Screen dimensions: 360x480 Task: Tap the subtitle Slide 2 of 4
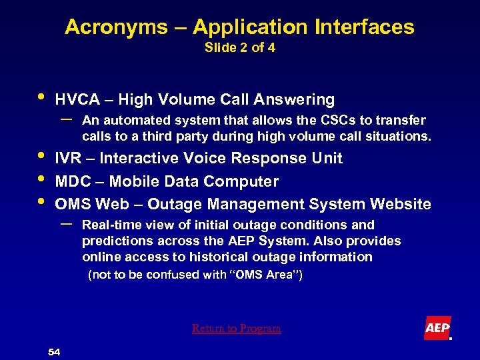[239, 48]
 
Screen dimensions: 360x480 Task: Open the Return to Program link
[237, 329]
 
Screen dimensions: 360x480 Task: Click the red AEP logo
[437, 328]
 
